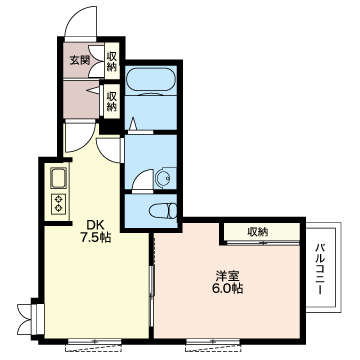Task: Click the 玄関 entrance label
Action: (x=79, y=61)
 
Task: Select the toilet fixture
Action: (x=163, y=211)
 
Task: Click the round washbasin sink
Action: (x=163, y=178)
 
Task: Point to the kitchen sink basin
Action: (x=59, y=178)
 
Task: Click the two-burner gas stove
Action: (x=59, y=204)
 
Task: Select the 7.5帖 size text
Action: (x=95, y=238)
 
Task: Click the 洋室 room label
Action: (x=228, y=276)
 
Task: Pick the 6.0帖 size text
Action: (x=228, y=288)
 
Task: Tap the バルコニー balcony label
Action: (x=320, y=269)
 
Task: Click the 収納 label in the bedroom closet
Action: (x=257, y=231)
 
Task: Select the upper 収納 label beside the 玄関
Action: (x=112, y=61)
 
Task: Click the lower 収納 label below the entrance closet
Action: (x=112, y=101)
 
